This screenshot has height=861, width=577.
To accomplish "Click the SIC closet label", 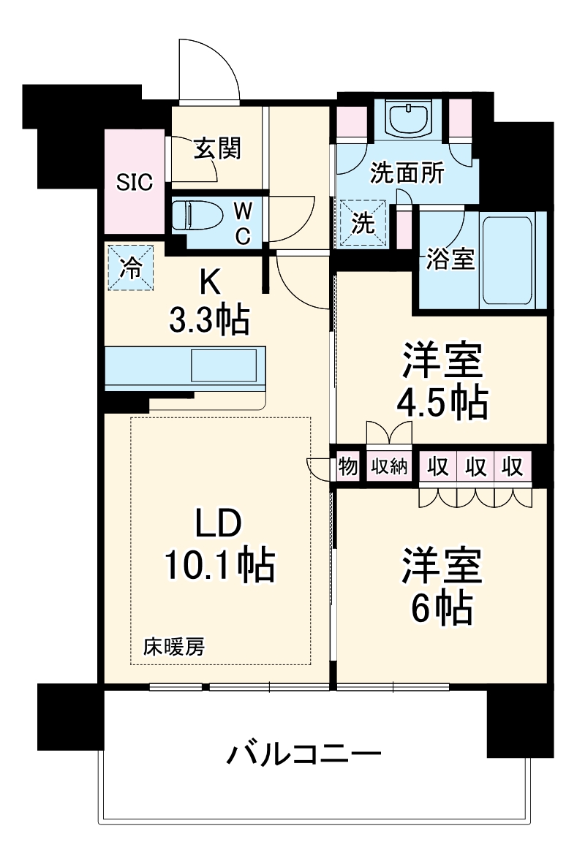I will pyautogui.click(x=135, y=182).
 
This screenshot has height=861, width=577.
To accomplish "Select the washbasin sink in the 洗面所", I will pyautogui.click(x=410, y=116).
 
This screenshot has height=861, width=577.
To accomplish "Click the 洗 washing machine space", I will pyautogui.click(x=363, y=223).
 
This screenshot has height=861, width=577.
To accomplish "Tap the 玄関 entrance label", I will pyautogui.click(x=217, y=148).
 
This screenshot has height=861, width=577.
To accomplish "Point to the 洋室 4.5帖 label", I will pyautogui.click(x=442, y=382).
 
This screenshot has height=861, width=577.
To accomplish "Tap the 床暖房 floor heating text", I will pyautogui.click(x=173, y=646).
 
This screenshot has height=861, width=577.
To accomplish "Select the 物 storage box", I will pyautogui.click(x=348, y=466).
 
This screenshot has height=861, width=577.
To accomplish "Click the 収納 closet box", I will pyautogui.click(x=388, y=466).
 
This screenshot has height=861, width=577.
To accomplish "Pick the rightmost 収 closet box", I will pyautogui.click(x=513, y=466).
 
